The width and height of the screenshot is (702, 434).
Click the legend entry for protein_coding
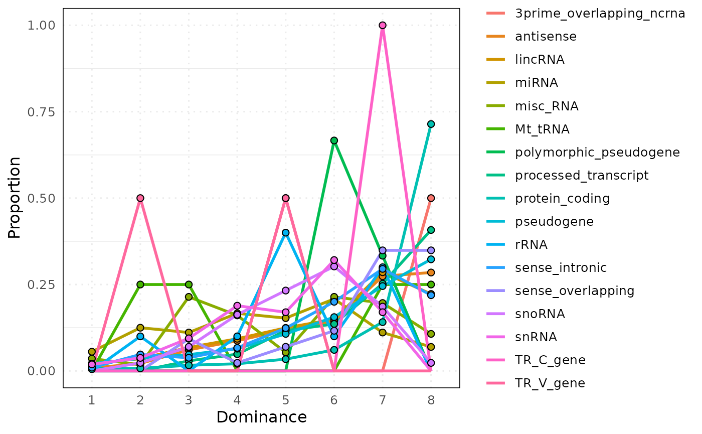coord(562,198)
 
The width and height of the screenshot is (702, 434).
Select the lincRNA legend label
coord(540,60)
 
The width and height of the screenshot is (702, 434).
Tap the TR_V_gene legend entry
coord(550,383)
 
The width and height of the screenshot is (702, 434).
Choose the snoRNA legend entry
coord(540,314)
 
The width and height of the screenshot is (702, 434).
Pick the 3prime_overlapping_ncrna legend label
coord(600,14)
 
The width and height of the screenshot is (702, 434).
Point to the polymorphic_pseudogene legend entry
coord(597,152)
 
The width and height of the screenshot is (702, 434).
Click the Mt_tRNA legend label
coord(542,129)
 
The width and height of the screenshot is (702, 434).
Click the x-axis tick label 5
coord(285,400)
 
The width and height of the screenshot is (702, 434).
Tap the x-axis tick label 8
coord(431,400)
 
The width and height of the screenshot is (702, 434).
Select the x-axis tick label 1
coord(92,400)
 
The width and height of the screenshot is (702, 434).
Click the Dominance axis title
coord(261,417)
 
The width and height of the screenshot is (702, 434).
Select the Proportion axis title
coord(15,198)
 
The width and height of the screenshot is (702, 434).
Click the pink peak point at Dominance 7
coord(383,25)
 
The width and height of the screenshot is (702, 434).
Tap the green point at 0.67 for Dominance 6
coord(334,140)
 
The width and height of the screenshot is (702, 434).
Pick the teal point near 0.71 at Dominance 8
coord(431,124)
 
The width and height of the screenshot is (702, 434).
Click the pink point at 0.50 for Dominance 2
coord(140,198)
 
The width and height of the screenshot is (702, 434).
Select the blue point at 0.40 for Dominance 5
coord(285,233)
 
